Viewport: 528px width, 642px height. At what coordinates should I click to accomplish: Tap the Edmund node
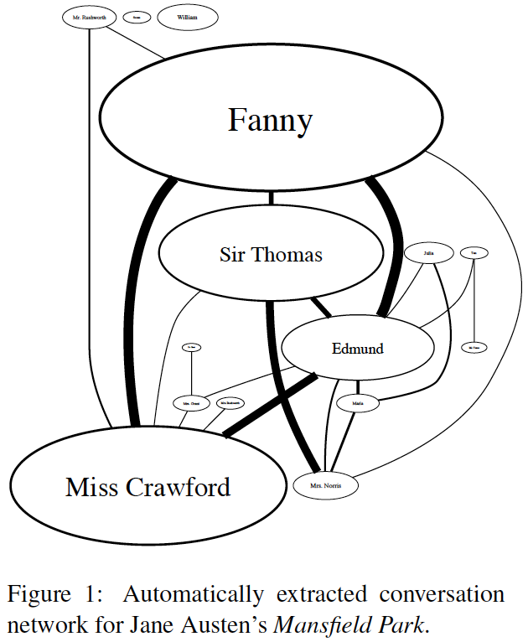(x=357, y=347)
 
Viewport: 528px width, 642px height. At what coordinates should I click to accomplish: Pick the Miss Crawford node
(x=148, y=485)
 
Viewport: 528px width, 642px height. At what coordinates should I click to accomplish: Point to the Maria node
(x=357, y=403)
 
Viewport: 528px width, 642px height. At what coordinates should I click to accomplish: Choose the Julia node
(x=428, y=251)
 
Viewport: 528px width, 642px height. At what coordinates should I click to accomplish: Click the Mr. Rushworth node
(x=87, y=17)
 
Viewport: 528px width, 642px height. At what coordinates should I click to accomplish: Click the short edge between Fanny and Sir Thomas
(x=270, y=199)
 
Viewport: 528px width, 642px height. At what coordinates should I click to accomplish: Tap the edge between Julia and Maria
(x=449, y=335)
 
